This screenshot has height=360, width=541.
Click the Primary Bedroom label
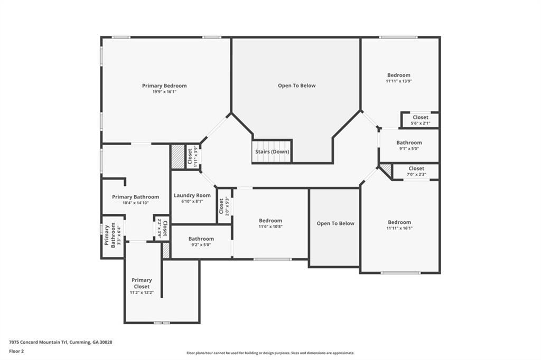coord(164,86)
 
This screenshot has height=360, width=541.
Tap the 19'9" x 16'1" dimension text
coord(164,92)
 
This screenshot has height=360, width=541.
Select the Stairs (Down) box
coord(272,151)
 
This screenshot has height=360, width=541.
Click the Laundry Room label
coord(192,195)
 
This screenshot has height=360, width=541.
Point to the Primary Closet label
coord(142,283)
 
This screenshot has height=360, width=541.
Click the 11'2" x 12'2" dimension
coord(142,292)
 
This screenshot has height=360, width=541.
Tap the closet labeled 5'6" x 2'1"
coord(421,120)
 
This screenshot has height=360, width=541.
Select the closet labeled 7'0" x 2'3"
coord(416,172)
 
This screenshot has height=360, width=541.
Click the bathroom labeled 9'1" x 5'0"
coord(409,145)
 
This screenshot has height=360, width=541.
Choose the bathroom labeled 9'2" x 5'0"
coord(201,242)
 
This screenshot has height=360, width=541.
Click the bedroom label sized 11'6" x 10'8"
coord(270,221)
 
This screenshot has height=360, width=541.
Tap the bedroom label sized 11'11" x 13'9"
coord(398,75)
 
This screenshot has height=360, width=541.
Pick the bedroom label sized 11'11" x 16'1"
coord(399,222)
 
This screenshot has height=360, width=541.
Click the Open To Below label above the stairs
coord(297,86)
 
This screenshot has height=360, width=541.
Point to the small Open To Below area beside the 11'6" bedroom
coord(335,223)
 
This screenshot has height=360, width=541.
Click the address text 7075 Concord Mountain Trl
coord(61,342)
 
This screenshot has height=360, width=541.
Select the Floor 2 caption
coord(16,350)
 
